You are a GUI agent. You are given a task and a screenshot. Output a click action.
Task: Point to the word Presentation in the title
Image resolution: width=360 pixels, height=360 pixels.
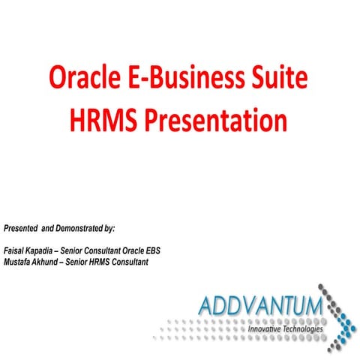coord(218,120)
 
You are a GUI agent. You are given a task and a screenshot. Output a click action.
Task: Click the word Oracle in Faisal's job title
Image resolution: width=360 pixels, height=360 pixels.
coord(148,250)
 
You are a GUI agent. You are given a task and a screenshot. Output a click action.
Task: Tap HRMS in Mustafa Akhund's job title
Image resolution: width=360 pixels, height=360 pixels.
coord(108,262)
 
